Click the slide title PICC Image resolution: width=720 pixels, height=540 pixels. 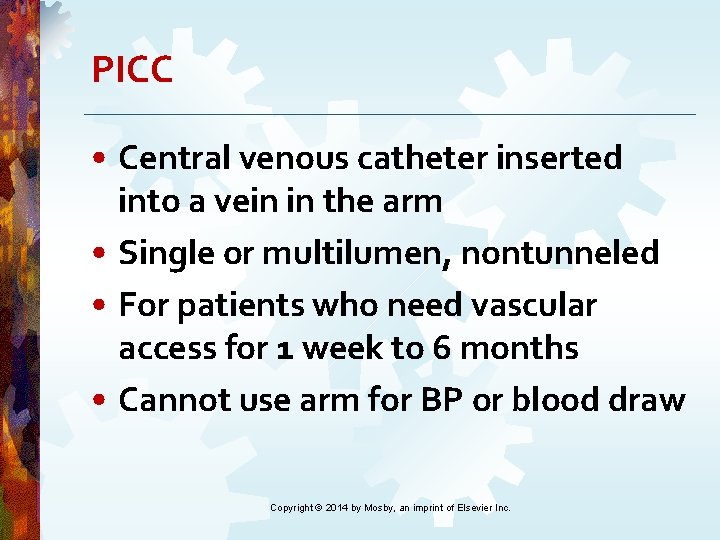[132, 70]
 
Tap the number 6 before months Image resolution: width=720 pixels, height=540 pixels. [439, 349]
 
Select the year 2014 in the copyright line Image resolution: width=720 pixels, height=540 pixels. [337, 508]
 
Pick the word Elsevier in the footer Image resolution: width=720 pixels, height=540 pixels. [474, 508]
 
